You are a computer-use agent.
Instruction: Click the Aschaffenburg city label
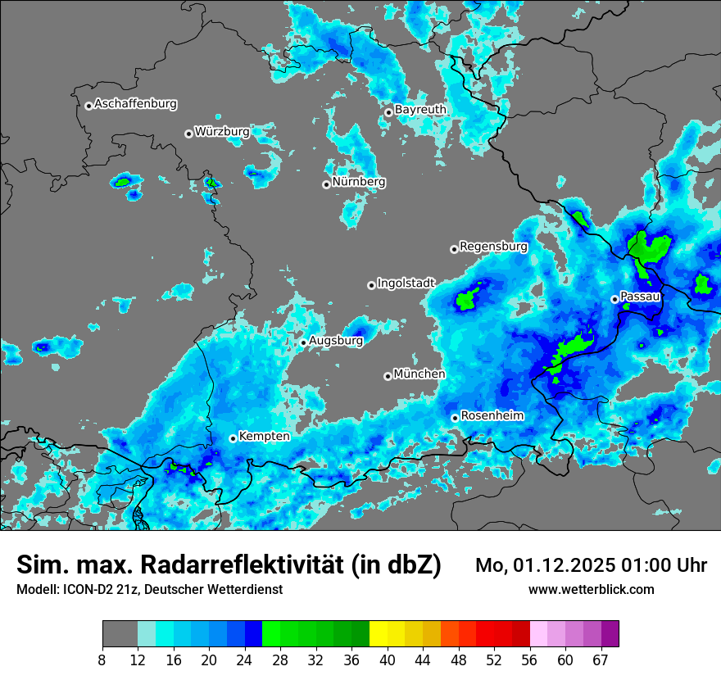coord(135,104)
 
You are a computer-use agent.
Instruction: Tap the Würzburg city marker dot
coord(188,134)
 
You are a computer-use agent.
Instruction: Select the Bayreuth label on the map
coord(420,109)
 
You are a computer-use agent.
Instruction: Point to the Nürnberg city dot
coord(326,184)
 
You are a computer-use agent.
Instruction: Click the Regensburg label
coord(493,246)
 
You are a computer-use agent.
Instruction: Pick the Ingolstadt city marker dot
coord(371,285)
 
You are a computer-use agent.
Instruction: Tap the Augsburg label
coord(336,340)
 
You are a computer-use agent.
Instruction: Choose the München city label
coord(419,374)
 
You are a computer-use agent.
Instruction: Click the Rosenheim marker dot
coord(455,418)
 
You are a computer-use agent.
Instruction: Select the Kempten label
coord(264,436)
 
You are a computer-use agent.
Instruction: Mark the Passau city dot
coord(614,299)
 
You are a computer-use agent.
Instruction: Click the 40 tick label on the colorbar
coord(388,660)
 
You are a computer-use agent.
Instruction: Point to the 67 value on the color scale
coord(600,660)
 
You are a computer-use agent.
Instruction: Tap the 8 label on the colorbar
coord(102,660)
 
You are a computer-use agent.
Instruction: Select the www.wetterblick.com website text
coord(592,589)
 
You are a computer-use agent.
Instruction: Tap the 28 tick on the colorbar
coord(281,660)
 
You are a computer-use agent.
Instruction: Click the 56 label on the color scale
coord(529,660)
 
